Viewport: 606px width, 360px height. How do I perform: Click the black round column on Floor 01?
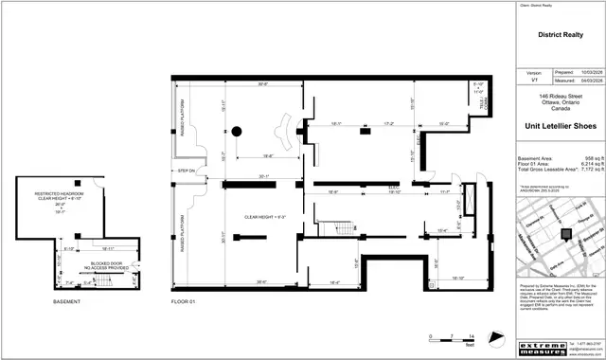click(x=238, y=131)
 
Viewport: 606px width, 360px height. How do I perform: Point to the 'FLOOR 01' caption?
click(x=182, y=302)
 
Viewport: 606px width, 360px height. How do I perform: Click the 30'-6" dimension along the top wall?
click(x=235, y=85)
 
